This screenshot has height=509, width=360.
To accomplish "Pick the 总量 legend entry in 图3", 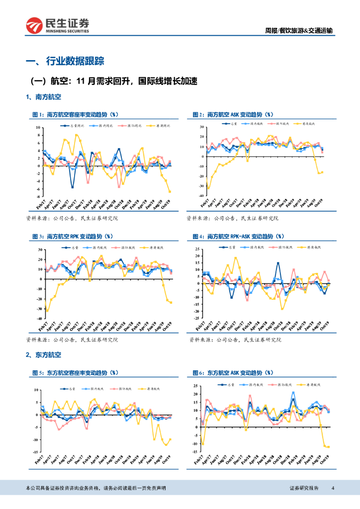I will coord(72,247).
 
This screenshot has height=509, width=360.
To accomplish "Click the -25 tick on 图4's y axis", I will coord(197,318).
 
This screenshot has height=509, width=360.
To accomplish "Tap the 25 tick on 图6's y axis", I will coord(197,386).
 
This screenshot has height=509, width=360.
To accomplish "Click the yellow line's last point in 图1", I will coord(170,192).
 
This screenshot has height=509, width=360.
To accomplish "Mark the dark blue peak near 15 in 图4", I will coord(278,263).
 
